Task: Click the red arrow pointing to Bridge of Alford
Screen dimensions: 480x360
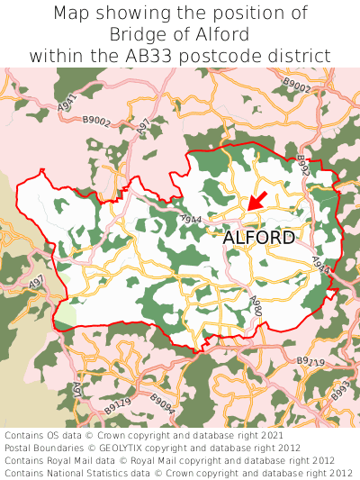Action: coord(256,200)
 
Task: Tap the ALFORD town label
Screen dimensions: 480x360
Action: coord(258,238)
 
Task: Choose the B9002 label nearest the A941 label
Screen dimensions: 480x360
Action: coord(96,119)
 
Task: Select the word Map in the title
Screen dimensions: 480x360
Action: coord(73,14)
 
